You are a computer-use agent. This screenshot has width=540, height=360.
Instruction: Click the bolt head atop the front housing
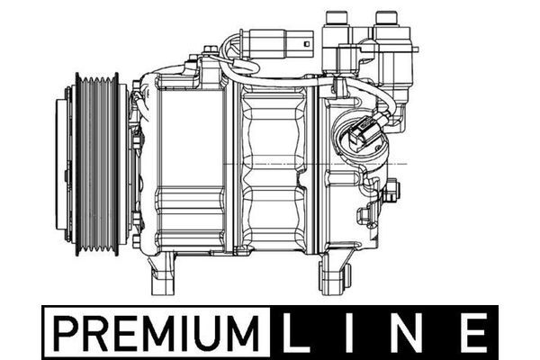tap(191, 64)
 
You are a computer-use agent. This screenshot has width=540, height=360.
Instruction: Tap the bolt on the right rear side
tap(391, 191)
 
